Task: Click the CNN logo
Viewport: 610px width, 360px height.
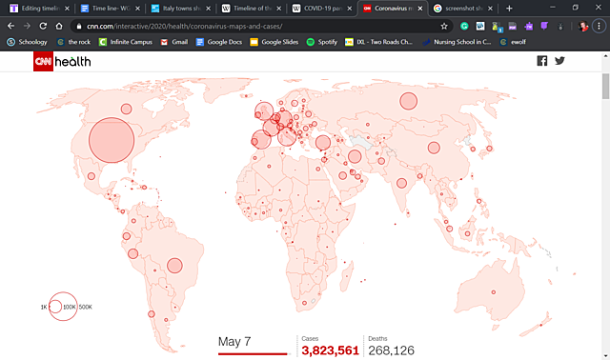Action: pyautogui.click(x=45, y=61)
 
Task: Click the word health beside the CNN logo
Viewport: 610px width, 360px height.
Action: pyautogui.click(x=77, y=61)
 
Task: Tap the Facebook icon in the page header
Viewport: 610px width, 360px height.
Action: pyautogui.click(x=542, y=61)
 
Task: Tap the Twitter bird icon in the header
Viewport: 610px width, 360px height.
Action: pyautogui.click(x=560, y=61)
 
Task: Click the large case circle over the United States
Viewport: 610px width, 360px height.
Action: pyautogui.click(x=112, y=140)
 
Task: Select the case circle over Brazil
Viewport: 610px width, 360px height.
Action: pyautogui.click(x=174, y=267)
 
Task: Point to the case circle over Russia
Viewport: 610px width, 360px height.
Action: pyautogui.click(x=409, y=101)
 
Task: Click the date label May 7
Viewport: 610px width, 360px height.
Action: pyautogui.click(x=234, y=341)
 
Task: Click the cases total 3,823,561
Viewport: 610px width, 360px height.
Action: pyautogui.click(x=330, y=350)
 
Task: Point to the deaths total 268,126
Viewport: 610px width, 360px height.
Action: pyautogui.click(x=391, y=350)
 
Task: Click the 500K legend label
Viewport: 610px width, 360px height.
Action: pyautogui.click(x=86, y=307)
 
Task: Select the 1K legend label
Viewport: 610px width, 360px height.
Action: pyautogui.click(x=44, y=307)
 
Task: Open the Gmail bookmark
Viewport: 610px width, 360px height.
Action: pyautogui.click(x=173, y=42)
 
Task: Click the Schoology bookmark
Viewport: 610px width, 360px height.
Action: pyautogui.click(x=28, y=42)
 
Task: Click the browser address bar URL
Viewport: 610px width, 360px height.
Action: pyautogui.click(x=181, y=26)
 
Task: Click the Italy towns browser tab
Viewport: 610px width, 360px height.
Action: pyautogui.click(x=180, y=8)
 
